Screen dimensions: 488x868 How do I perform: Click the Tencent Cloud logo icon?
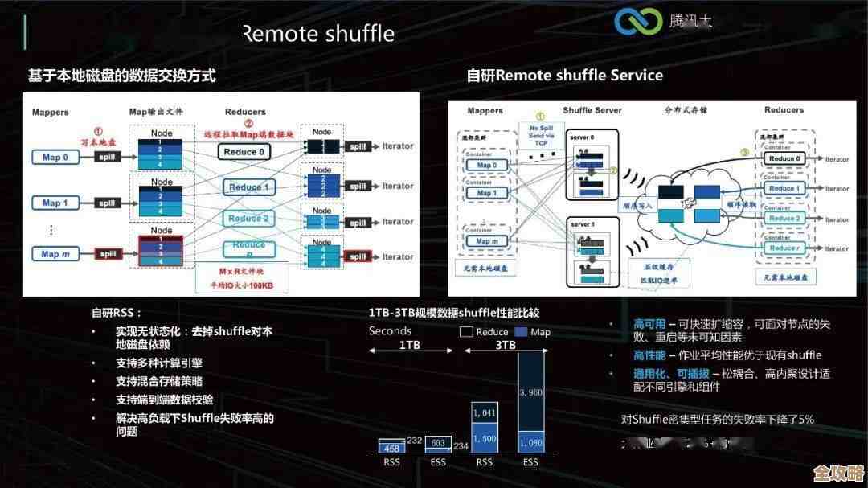pos(638,21)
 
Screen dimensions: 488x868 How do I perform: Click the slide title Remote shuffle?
pos(318,34)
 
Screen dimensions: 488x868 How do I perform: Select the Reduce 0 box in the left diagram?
pos(245,151)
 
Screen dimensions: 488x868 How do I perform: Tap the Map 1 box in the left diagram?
pos(55,203)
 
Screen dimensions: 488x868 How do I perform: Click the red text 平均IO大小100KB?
pos(242,285)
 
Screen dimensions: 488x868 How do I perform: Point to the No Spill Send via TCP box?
pos(540,134)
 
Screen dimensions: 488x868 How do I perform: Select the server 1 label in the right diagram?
pos(583,224)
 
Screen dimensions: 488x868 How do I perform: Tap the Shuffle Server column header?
pos(592,110)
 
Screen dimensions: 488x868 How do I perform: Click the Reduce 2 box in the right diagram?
pos(784,218)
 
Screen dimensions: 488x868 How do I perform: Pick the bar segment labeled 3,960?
pos(530,392)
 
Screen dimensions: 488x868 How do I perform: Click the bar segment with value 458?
pos(392,448)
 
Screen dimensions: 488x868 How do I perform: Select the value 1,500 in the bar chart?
pos(484,438)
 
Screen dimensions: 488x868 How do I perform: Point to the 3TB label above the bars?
pos(505,345)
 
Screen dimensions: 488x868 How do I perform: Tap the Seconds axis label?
pos(390,330)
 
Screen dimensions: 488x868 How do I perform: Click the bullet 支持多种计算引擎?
pos(158,363)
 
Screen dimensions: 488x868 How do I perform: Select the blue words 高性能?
pos(649,355)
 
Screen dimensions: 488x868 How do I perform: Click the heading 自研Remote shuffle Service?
pos(564,76)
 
